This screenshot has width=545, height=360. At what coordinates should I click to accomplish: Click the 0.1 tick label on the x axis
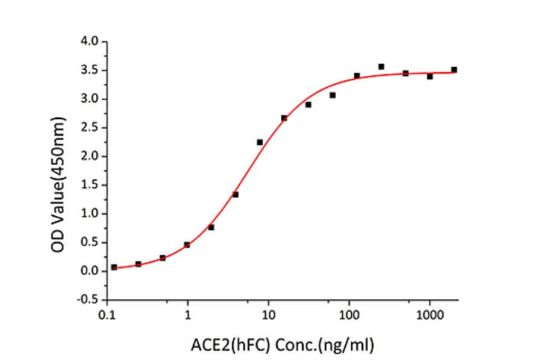pyautogui.click(x=108, y=315)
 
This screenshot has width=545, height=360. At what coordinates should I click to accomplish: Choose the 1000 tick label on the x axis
pyautogui.click(x=429, y=315)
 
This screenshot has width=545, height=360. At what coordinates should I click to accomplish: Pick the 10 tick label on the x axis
pyautogui.click(x=269, y=315)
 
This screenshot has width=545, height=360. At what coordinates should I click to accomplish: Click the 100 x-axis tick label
pyautogui.click(x=349, y=315)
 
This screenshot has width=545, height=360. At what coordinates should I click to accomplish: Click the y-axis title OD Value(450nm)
pyautogui.click(x=59, y=170)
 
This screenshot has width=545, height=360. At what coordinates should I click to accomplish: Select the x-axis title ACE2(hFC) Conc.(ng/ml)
pyautogui.click(x=282, y=346)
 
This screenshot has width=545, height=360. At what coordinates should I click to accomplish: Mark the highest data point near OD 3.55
pyautogui.click(x=381, y=67)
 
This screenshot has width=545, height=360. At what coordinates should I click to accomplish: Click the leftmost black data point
pyautogui.click(x=114, y=267)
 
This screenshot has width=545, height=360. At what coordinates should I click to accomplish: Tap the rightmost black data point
pyautogui.click(x=454, y=70)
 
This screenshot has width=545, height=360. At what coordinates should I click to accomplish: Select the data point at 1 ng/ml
pyautogui.click(x=187, y=245)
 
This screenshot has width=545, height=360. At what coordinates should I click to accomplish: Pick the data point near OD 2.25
pyautogui.click(x=260, y=142)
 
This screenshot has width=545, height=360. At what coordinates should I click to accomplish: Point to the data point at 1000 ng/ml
pyautogui.click(x=429, y=76)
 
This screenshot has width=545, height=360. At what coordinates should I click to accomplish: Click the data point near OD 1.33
pyautogui.click(x=236, y=195)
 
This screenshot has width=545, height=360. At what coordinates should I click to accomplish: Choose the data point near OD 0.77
pyautogui.click(x=211, y=227)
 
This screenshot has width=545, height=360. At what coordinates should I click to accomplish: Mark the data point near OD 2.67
pyautogui.click(x=284, y=118)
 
